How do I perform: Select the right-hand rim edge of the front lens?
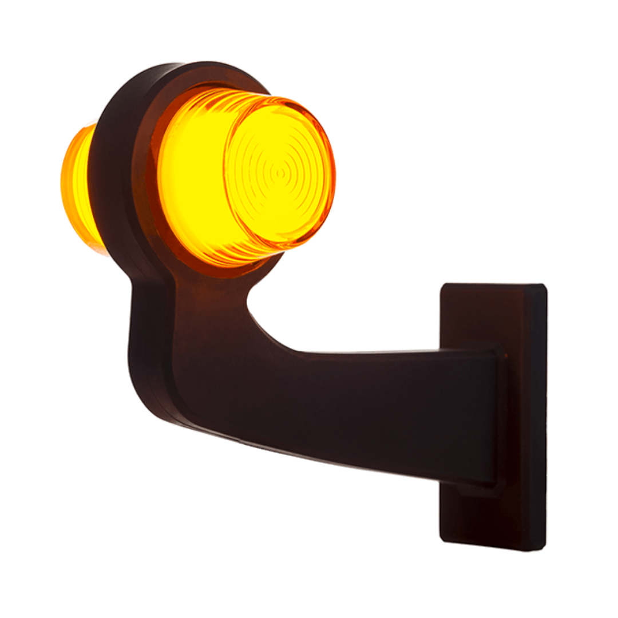click(332, 172)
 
